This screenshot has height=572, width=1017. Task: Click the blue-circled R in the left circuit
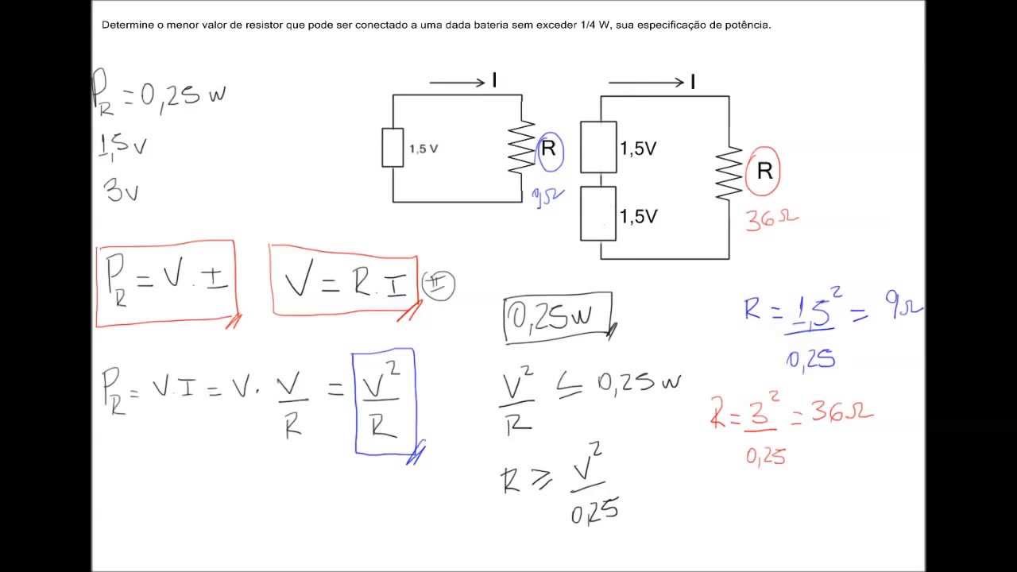[x=550, y=149]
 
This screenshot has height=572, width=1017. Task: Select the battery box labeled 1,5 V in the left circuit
[x=392, y=148]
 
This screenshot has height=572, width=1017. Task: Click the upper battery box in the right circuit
[x=598, y=147]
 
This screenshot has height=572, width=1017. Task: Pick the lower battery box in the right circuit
[x=598, y=214]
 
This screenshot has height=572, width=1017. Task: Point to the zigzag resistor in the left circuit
[x=522, y=147]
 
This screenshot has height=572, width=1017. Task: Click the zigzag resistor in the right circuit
[x=729, y=174]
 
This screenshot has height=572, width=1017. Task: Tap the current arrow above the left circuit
[x=458, y=82]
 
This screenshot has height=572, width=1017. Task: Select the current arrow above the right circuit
[x=645, y=82]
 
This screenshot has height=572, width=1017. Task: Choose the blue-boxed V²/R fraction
[x=384, y=403]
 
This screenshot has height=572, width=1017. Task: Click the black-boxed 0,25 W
[x=559, y=319]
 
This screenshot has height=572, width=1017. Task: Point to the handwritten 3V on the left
[x=122, y=190]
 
